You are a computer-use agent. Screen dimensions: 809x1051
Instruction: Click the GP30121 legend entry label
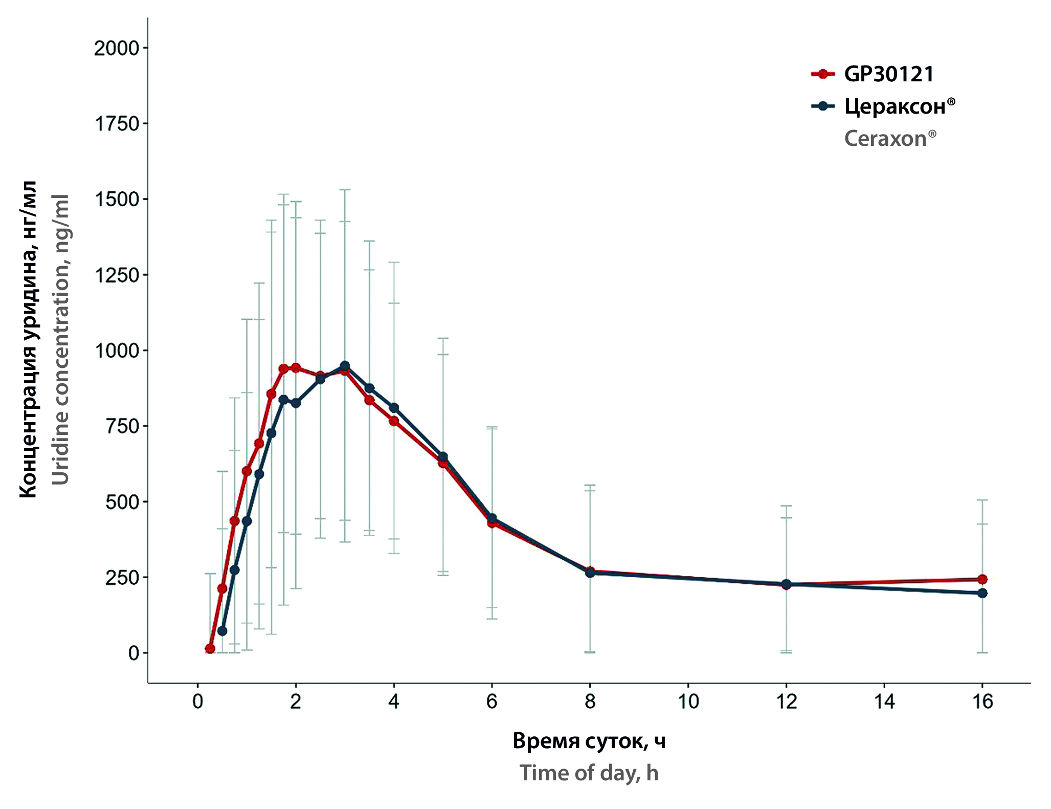pyautogui.click(x=889, y=74)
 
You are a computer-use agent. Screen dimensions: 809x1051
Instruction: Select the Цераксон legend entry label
pyautogui.click(x=899, y=106)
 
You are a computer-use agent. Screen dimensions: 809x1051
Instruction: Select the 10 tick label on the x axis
pyautogui.click(x=688, y=702)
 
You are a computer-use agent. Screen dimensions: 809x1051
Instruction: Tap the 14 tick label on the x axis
pyautogui.click(x=884, y=702)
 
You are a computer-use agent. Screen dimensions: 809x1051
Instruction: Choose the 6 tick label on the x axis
pyautogui.click(x=492, y=702)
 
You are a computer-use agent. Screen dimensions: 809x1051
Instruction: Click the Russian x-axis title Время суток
pyautogui.click(x=589, y=741)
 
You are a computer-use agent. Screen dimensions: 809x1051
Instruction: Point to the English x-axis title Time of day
pyautogui.click(x=589, y=773)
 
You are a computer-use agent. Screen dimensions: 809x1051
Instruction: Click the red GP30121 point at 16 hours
pyautogui.click(x=982, y=579)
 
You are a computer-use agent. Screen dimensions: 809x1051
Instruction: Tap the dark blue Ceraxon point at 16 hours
pyautogui.click(x=982, y=593)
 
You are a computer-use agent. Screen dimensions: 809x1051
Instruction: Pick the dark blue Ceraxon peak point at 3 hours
pyautogui.click(x=345, y=366)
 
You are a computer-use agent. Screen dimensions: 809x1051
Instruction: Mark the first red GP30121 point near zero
pyautogui.click(x=210, y=649)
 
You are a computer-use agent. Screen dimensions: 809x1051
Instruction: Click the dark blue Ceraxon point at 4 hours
pyautogui.click(x=394, y=408)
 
